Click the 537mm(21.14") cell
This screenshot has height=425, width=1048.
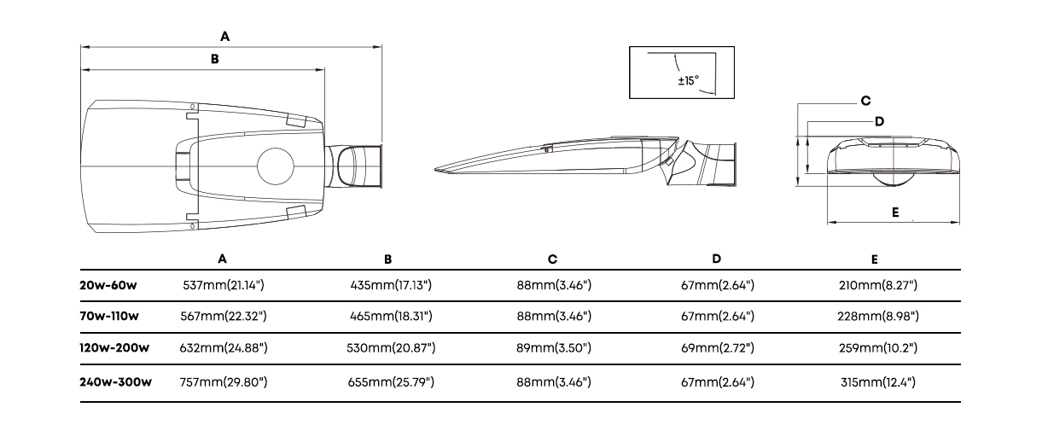[224, 285]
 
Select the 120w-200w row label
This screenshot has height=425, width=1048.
[114, 348]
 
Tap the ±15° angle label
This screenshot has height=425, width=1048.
[688, 80]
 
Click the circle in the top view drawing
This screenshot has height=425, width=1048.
[276, 166]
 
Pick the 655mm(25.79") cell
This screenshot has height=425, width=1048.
[391, 382]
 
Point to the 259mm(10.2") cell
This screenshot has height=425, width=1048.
[878, 348]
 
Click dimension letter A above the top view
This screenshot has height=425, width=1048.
[225, 37]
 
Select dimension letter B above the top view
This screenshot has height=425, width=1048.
[215, 59]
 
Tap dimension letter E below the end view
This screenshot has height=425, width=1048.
[895, 212]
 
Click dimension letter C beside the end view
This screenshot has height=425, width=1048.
[866, 101]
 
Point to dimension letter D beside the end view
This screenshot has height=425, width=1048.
[880, 122]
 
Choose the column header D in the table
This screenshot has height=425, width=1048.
[717, 259]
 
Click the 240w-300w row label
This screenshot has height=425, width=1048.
[115, 382]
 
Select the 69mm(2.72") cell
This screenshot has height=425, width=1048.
[718, 348]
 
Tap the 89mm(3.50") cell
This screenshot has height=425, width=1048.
[554, 348]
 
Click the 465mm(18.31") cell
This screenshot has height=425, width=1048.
[391, 317]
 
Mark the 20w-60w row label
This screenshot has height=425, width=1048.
[108, 285]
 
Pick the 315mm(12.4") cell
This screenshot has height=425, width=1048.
[878, 382]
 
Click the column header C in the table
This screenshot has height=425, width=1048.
[552, 259]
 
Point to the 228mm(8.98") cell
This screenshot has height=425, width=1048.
[878, 317]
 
